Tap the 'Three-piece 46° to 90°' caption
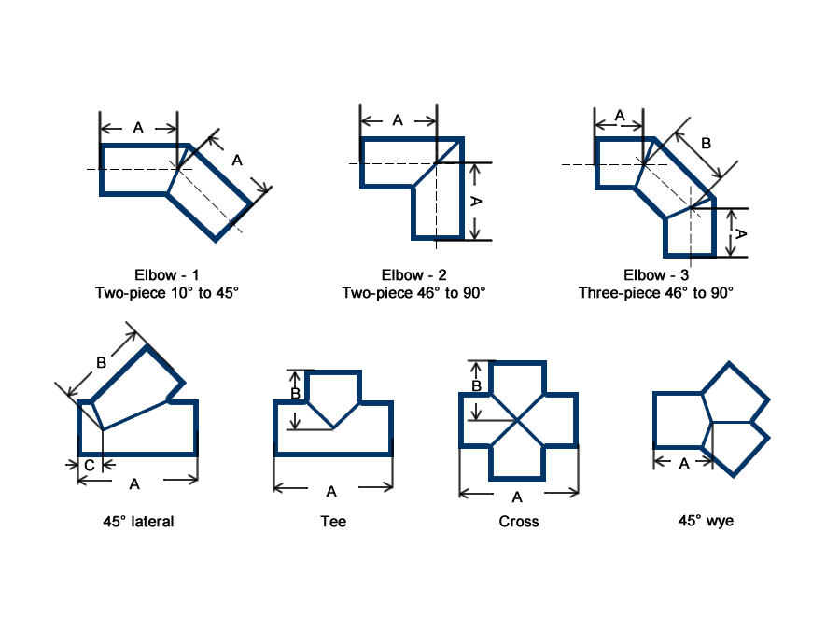click(x=655, y=292)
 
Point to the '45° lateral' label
click(x=138, y=521)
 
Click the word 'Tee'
click(x=333, y=521)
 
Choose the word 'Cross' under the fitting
click(x=519, y=521)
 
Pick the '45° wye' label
click(x=706, y=520)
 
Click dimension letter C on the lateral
click(x=89, y=465)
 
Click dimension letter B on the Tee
click(x=296, y=394)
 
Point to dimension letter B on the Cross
click(x=476, y=385)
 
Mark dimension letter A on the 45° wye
click(x=684, y=463)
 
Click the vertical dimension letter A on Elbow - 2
click(x=475, y=202)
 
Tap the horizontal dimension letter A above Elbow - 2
click(x=397, y=119)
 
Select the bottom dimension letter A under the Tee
click(x=332, y=491)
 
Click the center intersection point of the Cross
click(x=519, y=420)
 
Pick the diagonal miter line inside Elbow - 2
click(x=437, y=162)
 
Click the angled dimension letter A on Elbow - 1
click(x=236, y=161)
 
